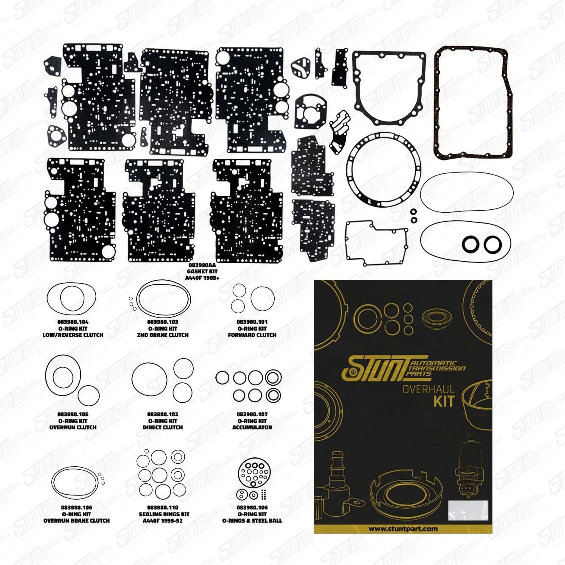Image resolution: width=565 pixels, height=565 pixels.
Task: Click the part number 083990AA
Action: pos(202,265)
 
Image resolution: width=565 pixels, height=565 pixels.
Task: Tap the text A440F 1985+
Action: pos(202,278)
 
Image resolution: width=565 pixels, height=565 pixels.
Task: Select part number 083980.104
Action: pos(73,322)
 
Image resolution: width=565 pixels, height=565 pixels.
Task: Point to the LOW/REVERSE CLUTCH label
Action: pos(73,335)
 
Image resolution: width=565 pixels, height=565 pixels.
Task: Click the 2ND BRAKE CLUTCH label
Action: pos(163,335)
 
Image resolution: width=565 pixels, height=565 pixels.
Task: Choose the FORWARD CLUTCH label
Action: pos(252,335)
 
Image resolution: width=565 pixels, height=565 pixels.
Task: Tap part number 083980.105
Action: pos(73,414)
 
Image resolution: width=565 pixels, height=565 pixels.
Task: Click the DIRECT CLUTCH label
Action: pos(163,427)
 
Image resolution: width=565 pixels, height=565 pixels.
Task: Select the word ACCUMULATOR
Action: pos(252,427)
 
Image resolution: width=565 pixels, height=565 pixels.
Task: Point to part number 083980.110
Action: pos(163,507)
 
